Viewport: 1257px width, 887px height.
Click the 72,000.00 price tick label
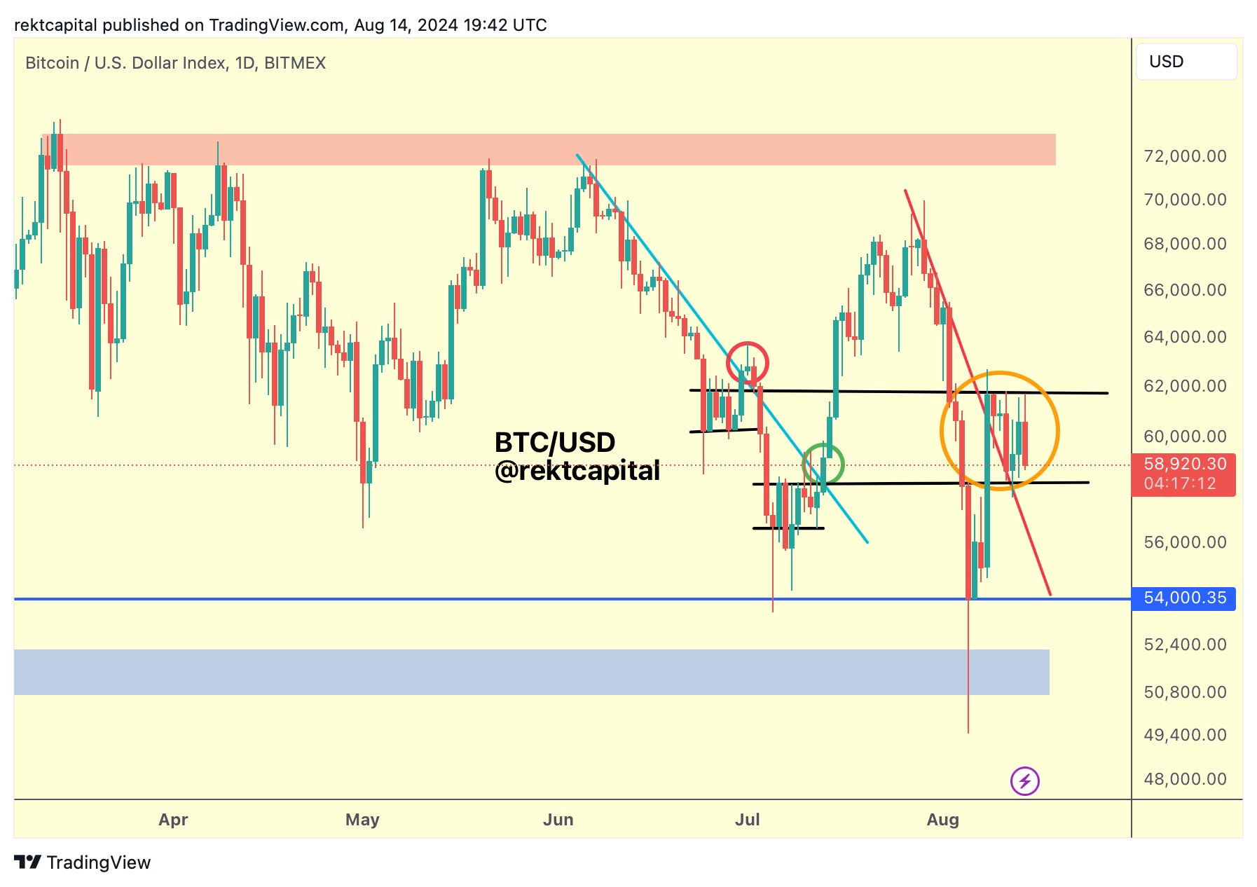1184,156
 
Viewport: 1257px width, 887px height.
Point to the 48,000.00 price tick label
1184,779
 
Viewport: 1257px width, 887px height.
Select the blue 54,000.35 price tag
1183,598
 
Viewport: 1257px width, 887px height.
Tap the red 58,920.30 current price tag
1183,474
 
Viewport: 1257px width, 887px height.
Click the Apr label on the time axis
173,820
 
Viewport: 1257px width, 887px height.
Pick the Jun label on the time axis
558,820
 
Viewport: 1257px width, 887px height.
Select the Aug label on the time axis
942,820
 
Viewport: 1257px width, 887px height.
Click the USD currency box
1186,62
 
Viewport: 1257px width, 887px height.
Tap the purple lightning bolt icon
1024,781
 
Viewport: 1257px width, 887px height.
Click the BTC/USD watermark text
555,443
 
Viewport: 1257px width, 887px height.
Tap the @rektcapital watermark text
577,472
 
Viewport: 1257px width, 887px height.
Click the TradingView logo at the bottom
83,862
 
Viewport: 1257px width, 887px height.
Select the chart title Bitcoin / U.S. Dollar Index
175,63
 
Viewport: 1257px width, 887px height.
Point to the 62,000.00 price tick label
1184,386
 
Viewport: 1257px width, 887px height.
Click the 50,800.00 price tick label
1184,692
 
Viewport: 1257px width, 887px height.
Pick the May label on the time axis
362,820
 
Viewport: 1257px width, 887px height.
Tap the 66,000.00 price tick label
1184,290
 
